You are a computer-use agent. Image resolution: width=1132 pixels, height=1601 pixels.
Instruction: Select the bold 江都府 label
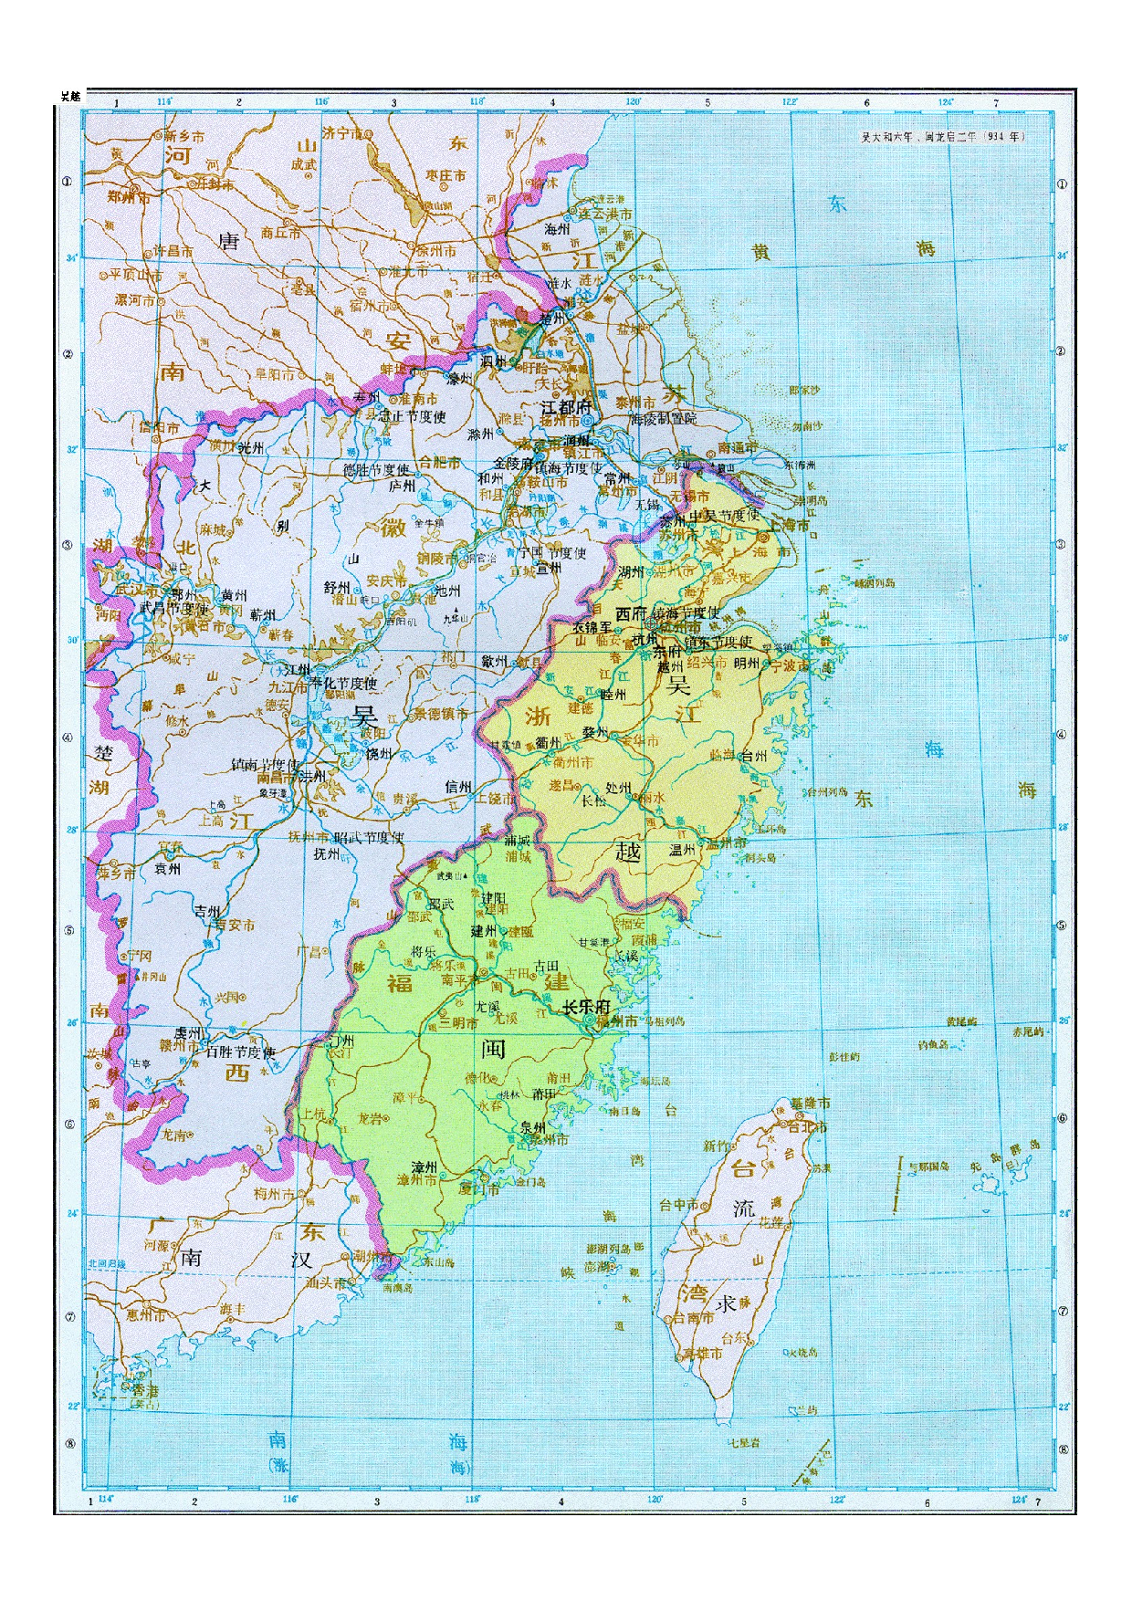pyautogui.click(x=567, y=406)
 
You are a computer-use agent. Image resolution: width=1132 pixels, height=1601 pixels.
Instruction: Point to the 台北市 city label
pyautogui.click(x=807, y=1126)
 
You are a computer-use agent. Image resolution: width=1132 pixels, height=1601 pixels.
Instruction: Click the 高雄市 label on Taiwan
pyautogui.click(x=703, y=1354)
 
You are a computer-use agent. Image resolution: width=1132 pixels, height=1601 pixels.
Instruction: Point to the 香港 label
pyautogui.click(x=145, y=1390)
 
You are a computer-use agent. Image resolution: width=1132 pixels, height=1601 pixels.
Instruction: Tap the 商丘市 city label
pyautogui.click(x=280, y=233)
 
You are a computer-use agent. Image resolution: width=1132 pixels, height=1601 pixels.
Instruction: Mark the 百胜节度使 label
pyautogui.click(x=240, y=1052)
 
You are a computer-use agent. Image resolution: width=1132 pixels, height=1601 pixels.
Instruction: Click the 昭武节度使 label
pyautogui.click(x=369, y=837)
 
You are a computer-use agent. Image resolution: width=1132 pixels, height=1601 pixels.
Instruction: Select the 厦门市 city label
pyautogui.click(x=480, y=1189)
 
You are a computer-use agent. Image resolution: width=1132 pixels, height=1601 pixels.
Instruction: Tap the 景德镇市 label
pyautogui.click(x=441, y=714)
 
